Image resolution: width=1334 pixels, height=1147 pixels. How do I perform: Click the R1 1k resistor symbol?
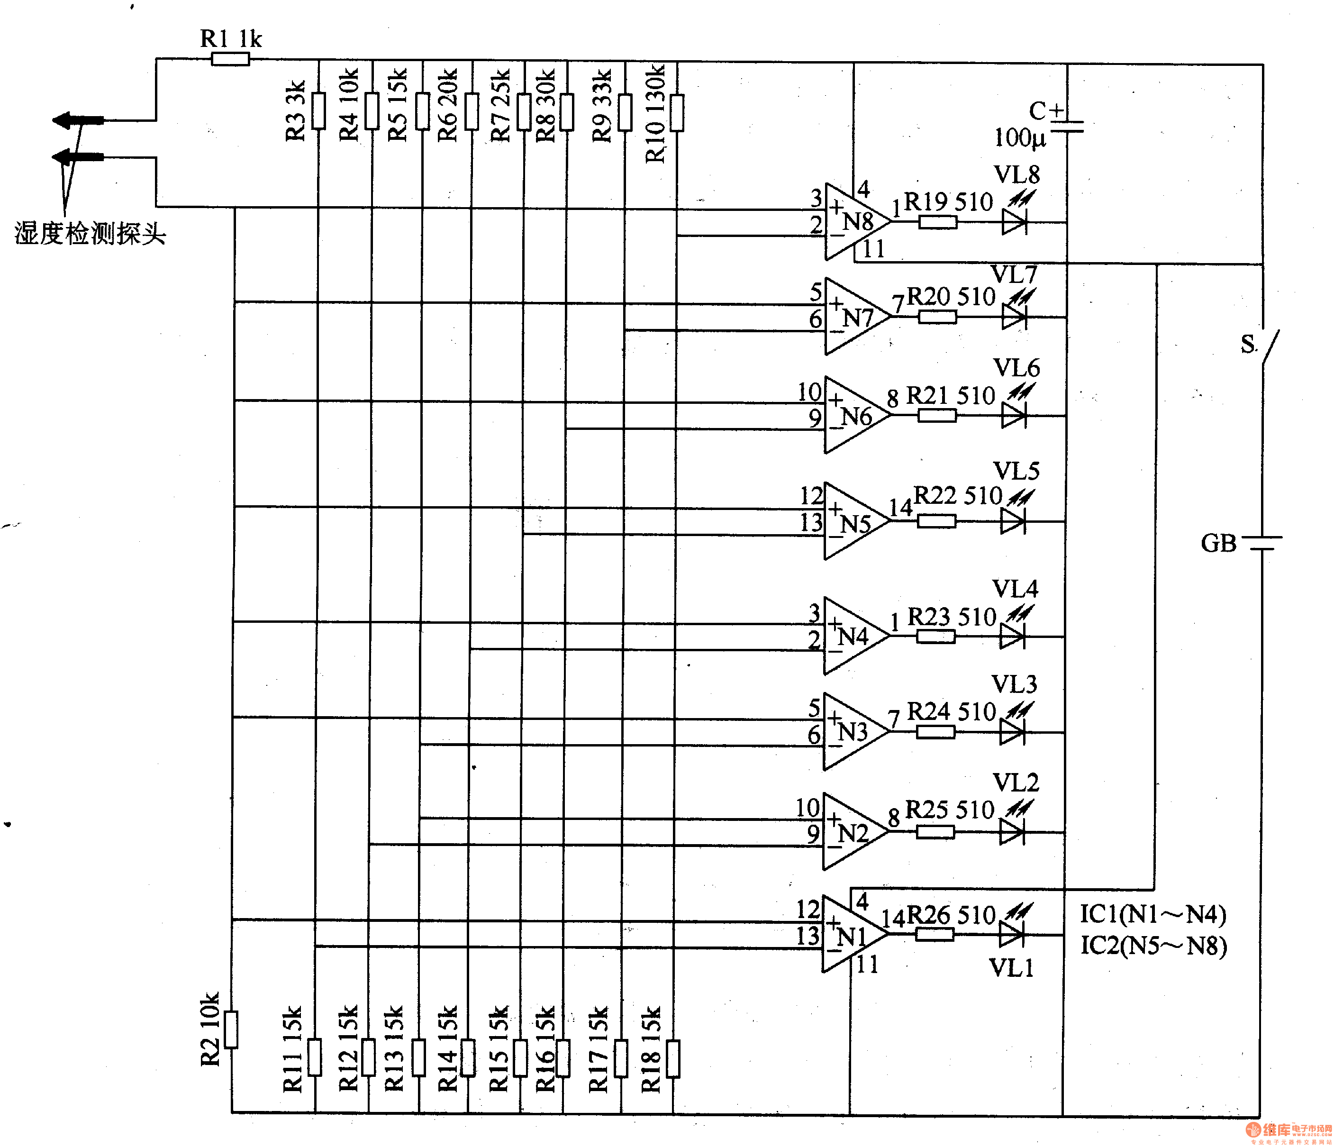pyautogui.click(x=230, y=59)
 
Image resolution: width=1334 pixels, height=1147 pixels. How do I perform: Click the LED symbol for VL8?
pyautogui.click(x=1014, y=222)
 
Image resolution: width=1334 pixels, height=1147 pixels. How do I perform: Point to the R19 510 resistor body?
pyautogui.click(x=937, y=222)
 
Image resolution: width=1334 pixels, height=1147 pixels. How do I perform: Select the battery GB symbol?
pyautogui.click(x=1262, y=542)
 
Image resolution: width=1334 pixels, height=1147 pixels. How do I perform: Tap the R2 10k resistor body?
pyautogui.click(x=230, y=1029)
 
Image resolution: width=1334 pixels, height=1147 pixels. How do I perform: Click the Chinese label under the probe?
pyautogui.click(x=90, y=233)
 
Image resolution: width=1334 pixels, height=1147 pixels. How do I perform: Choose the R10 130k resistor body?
pyautogui.click(x=677, y=113)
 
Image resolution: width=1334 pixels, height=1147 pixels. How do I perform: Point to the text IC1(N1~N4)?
pyautogui.click(x=1153, y=913)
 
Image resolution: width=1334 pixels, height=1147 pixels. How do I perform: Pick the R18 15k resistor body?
pyautogui.click(x=673, y=1058)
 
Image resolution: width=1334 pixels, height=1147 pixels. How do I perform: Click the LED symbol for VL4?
pyautogui.click(x=1012, y=636)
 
